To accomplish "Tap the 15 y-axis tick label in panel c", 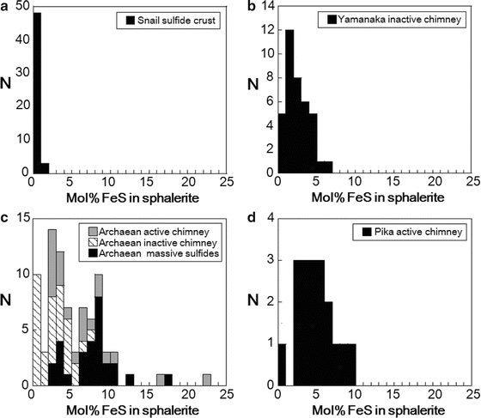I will [x=21, y=217].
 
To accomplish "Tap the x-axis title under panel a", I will [x=128, y=196].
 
